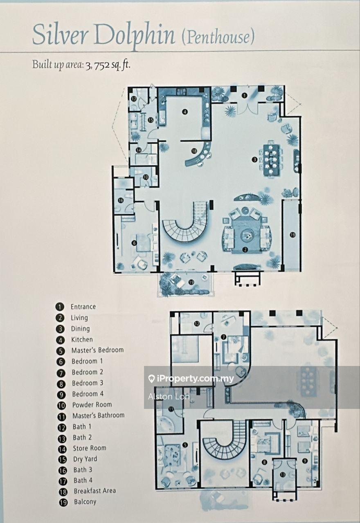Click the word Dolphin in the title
click(x=134, y=37)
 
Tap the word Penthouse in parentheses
click(x=218, y=37)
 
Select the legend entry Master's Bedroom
click(x=97, y=350)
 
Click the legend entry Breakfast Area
click(x=94, y=490)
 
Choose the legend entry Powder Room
click(x=92, y=404)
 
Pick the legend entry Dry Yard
click(x=85, y=458)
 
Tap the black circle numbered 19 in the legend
click(x=63, y=502)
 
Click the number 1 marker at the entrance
click(x=244, y=95)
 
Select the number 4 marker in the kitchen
click(x=185, y=112)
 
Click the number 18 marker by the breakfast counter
click(x=194, y=151)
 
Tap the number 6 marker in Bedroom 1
click(x=134, y=243)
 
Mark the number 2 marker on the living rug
click(x=245, y=250)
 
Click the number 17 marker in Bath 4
click(x=133, y=99)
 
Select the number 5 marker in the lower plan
click(x=185, y=445)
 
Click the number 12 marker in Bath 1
click(x=197, y=323)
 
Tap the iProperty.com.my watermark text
click(x=191, y=378)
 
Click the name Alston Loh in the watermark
click(x=169, y=397)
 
